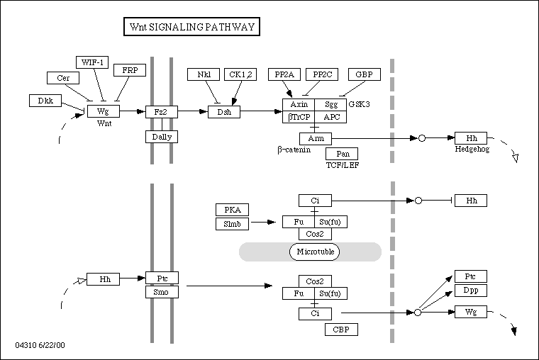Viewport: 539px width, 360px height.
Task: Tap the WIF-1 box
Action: click(x=93, y=62)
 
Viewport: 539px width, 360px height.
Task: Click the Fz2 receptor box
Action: click(x=161, y=112)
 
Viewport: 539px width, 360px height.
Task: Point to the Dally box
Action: click(x=161, y=136)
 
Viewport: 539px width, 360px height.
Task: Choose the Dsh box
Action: click(x=224, y=112)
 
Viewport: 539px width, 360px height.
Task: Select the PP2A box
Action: click(x=284, y=74)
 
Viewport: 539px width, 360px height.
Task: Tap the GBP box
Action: click(x=364, y=74)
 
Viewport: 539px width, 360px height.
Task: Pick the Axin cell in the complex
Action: click(x=299, y=105)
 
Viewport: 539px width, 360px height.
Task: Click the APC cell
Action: click(x=330, y=117)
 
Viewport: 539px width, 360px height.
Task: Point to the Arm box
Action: click(x=316, y=138)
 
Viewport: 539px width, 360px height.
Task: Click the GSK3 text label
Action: click(x=359, y=104)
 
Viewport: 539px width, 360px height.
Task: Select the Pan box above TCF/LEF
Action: click(x=342, y=154)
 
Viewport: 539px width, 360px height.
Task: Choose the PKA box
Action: click(x=232, y=210)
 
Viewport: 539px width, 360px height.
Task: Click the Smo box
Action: click(x=161, y=291)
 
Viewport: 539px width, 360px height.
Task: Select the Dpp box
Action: click(x=470, y=291)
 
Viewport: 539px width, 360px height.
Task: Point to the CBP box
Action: click(x=341, y=330)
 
